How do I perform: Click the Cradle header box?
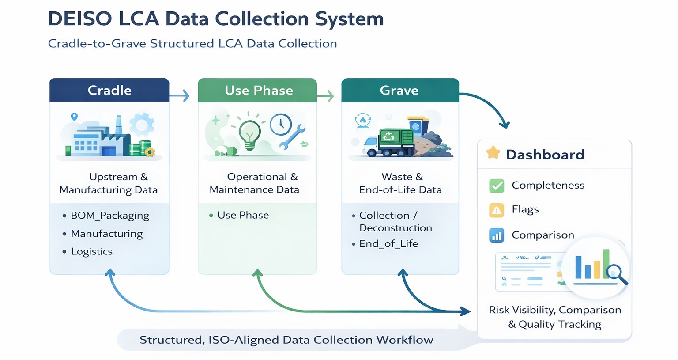(109, 90)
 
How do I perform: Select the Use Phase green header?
(258, 90)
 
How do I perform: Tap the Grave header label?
(399, 90)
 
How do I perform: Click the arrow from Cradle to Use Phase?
(180, 95)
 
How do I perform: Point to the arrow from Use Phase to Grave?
(325, 95)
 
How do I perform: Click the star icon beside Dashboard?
(493, 153)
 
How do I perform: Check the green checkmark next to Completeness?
(497, 186)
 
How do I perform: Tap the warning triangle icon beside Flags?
(497, 210)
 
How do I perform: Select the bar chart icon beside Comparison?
(497, 235)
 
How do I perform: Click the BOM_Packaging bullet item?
(110, 216)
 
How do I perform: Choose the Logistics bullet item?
(92, 251)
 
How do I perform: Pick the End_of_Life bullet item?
(388, 244)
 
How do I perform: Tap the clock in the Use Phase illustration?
(281, 125)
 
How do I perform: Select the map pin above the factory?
(74, 117)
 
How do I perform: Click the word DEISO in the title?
(80, 19)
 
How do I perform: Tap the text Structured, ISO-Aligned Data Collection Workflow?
(286, 340)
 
